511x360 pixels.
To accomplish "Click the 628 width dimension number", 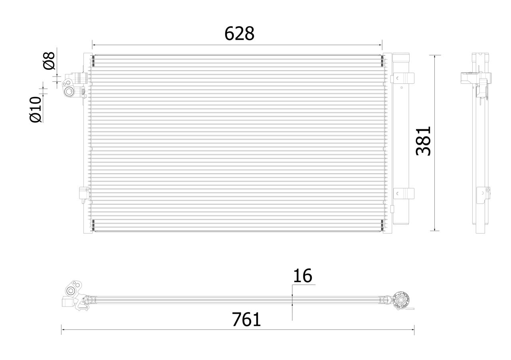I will (x=239, y=34).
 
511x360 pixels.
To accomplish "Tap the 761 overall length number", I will (x=246, y=320).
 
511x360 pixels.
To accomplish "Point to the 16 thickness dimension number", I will (x=302, y=276).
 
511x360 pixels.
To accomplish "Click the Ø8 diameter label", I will (x=49, y=61).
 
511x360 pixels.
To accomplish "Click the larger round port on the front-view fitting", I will (x=69, y=92).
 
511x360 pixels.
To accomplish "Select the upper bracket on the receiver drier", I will (x=402, y=78).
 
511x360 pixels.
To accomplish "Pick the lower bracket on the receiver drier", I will (x=402, y=194).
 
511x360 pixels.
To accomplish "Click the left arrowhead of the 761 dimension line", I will (x=63, y=330).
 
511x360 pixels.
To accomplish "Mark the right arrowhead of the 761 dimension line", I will (x=413, y=330).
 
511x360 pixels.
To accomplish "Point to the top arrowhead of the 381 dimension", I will (x=435, y=56).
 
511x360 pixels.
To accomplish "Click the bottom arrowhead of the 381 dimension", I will (x=435, y=229).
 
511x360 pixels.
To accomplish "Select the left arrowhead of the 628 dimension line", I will (x=93, y=45).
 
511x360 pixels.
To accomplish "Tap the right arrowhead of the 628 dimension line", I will (x=380, y=45).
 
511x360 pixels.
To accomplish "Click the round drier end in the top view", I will (x=402, y=300).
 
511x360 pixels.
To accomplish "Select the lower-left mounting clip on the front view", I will (x=83, y=193).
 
